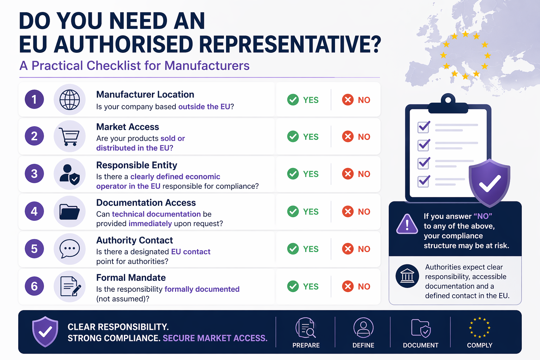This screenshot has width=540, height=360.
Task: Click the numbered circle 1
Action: [x=34, y=99]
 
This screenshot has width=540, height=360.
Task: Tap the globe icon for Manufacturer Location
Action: [x=70, y=99]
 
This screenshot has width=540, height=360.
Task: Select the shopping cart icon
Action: [x=70, y=136]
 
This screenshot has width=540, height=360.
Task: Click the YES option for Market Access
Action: [x=303, y=137]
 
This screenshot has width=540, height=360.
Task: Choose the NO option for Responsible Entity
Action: [x=356, y=174]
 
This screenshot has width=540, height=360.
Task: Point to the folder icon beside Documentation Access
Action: [x=70, y=212]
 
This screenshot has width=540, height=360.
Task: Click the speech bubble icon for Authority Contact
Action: [x=70, y=249]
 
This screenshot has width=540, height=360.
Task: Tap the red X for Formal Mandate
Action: [x=348, y=287]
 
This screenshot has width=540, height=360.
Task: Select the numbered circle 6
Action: [x=34, y=286]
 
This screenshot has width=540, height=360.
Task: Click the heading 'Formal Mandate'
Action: [x=131, y=278]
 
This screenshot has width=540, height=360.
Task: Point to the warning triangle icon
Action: [x=407, y=224]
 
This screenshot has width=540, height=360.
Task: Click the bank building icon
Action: [x=407, y=276]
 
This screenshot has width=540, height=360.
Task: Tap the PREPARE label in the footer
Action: [x=306, y=345]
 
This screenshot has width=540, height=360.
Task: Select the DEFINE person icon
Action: [x=363, y=328]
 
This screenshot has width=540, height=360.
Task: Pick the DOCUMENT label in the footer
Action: [x=420, y=345]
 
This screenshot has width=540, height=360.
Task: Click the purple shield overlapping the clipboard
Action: [x=489, y=183]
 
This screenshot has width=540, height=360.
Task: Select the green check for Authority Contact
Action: [x=293, y=249]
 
